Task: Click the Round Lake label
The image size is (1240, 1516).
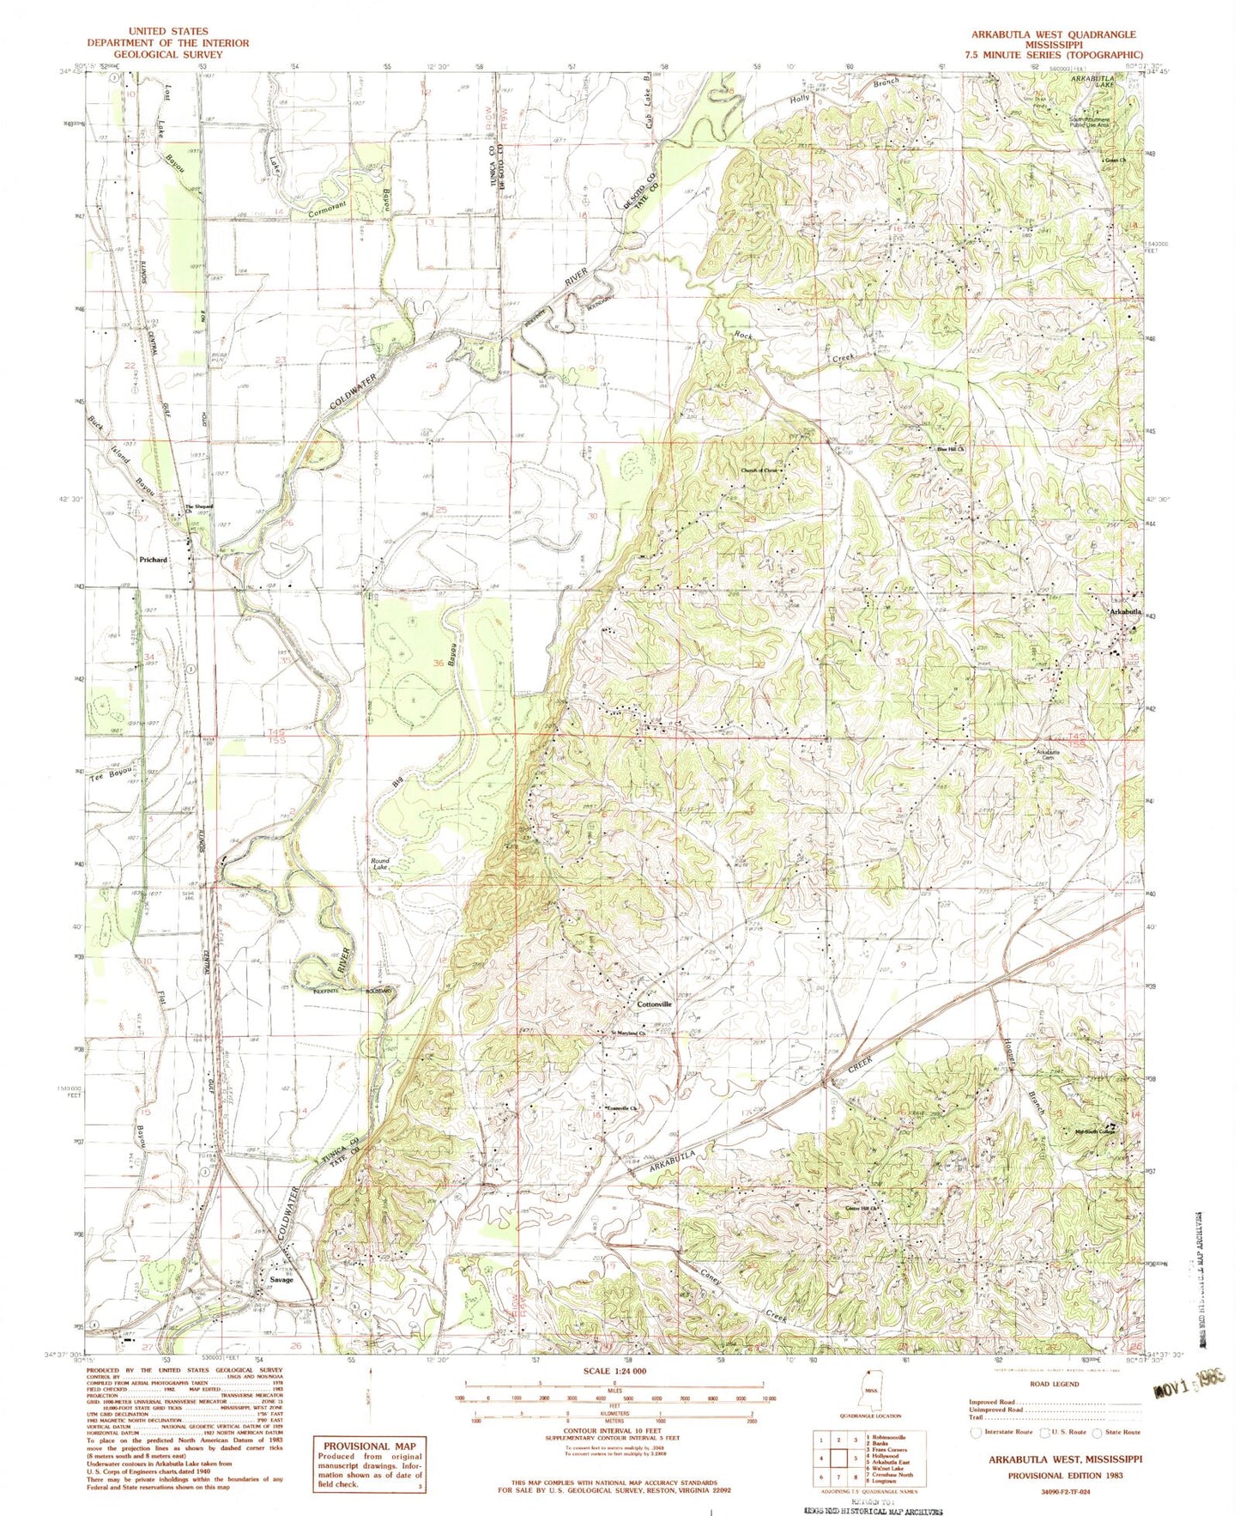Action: click(x=379, y=864)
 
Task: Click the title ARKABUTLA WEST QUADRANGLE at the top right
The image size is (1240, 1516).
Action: click(x=1054, y=34)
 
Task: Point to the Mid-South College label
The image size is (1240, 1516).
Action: click(x=1093, y=1131)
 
